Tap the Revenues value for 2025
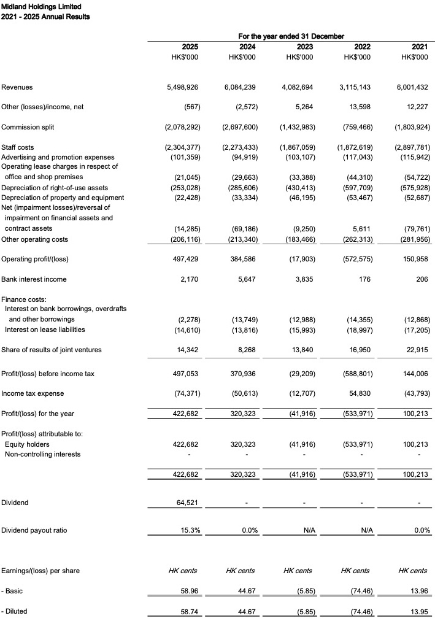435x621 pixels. (182, 88)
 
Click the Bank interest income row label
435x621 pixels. (34, 279)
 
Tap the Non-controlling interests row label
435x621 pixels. (42, 454)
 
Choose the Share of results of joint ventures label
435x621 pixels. (52, 350)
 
